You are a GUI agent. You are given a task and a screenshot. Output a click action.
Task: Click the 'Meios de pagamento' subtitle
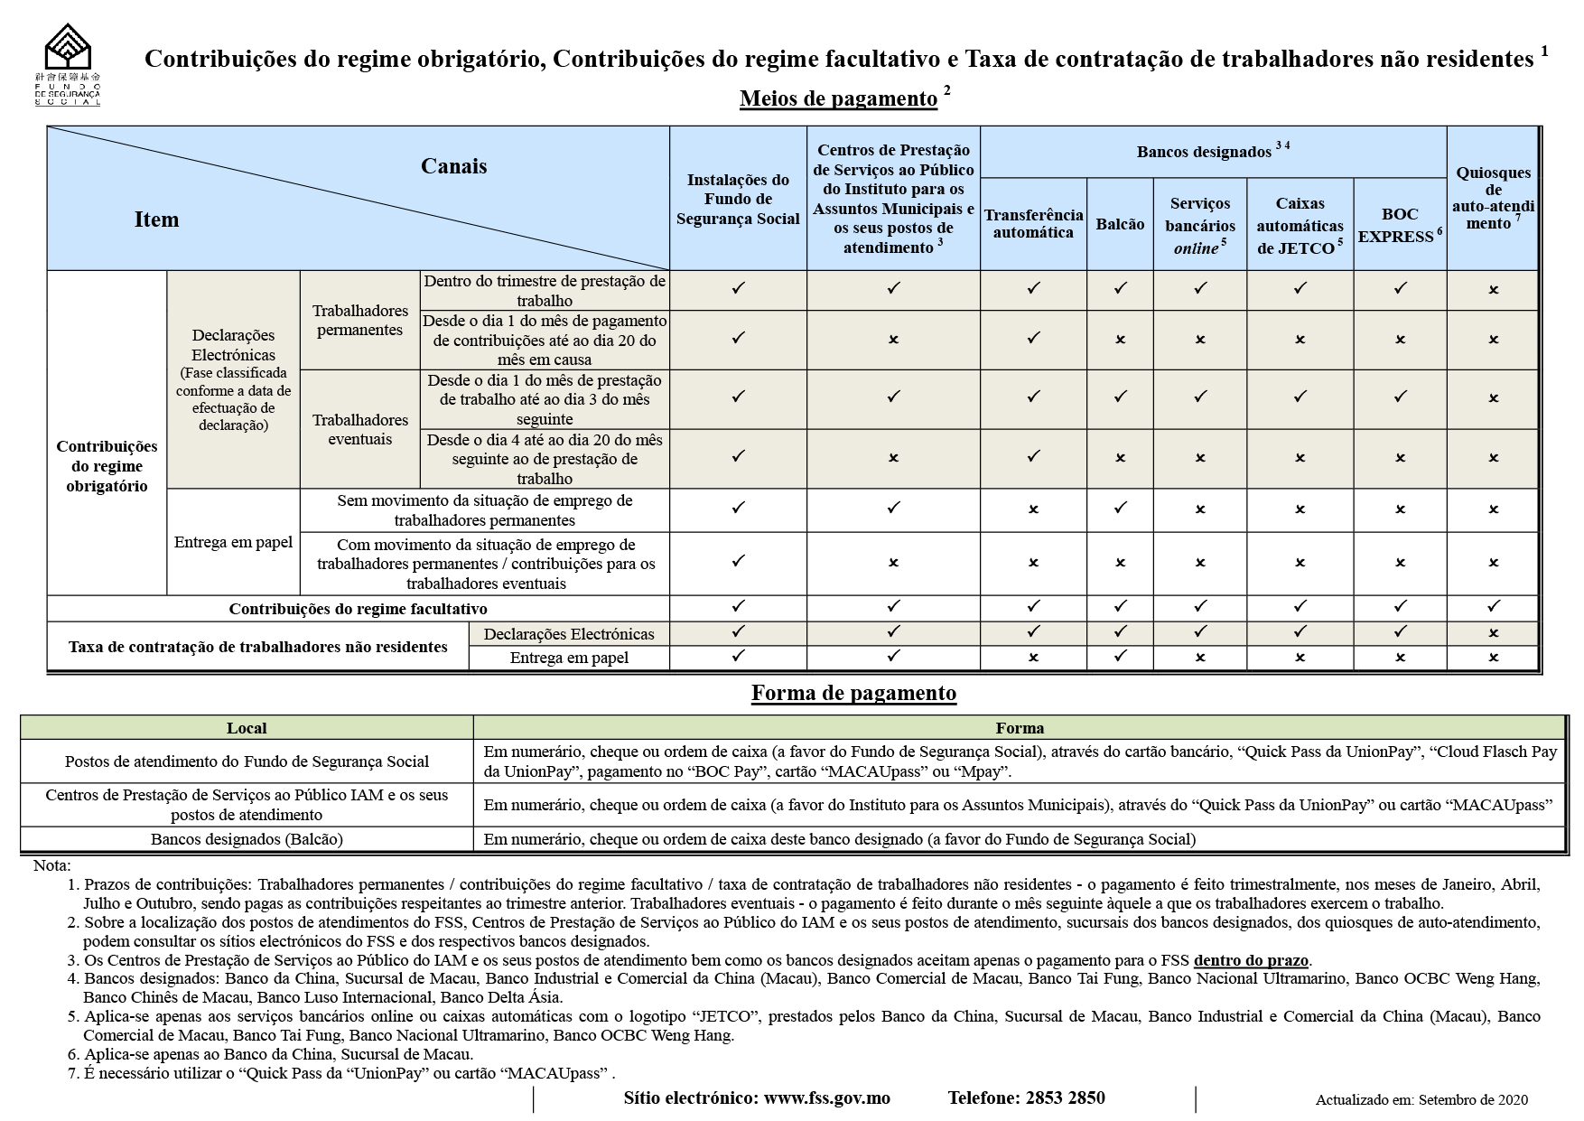click(x=838, y=98)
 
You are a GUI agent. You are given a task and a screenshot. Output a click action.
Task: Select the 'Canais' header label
click(x=453, y=166)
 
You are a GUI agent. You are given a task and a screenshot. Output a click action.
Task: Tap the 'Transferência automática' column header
click(x=1033, y=223)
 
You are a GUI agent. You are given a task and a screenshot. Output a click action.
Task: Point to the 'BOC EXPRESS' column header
click(x=1399, y=225)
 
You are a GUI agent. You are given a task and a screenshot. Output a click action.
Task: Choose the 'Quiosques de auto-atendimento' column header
click(x=1493, y=198)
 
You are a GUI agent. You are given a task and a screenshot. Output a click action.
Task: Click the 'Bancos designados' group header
click(x=1206, y=152)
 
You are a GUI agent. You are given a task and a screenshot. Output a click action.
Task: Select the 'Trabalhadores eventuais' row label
click(x=359, y=429)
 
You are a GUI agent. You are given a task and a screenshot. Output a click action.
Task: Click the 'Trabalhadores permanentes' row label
click(x=359, y=320)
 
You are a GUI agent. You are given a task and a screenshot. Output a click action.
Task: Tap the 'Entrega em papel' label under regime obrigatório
click(x=233, y=542)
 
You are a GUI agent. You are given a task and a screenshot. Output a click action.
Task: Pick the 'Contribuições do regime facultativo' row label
click(x=358, y=609)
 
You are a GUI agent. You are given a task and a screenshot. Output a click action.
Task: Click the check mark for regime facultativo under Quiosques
click(x=1493, y=607)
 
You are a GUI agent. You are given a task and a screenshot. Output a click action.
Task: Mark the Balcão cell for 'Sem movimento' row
click(x=1120, y=509)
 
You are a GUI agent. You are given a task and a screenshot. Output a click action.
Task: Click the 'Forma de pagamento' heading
click(x=853, y=694)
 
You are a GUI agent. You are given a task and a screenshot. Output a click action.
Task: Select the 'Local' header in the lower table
click(x=246, y=728)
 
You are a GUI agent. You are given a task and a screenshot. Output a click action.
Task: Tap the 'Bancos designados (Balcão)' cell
click(x=247, y=839)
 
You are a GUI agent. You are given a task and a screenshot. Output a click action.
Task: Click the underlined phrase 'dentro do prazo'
click(x=1251, y=960)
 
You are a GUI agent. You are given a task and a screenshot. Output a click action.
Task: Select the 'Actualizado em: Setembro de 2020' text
click(x=1421, y=1099)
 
